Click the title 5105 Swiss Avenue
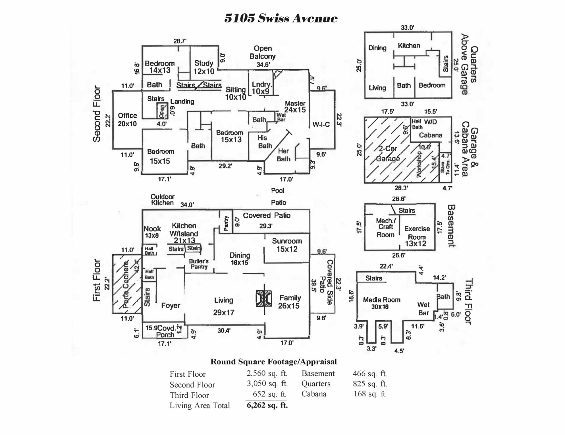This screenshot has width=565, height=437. [281, 18]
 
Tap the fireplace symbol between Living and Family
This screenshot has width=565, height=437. [264, 298]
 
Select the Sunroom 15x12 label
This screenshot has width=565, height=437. [287, 245]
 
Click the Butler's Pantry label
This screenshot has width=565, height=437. [199, 264]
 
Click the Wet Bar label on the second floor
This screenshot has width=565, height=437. [281, 117]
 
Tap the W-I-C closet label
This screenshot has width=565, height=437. [321, 124]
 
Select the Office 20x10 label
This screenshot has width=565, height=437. [127, 119]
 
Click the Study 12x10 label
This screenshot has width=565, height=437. [204, 67]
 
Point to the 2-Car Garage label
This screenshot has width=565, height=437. [388, 154]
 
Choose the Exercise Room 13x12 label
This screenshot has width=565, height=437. [417, 236]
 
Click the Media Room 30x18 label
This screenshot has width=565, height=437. [381, 303]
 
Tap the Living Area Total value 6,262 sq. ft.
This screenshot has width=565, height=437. [267, 405]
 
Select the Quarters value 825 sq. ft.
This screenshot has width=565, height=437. [370, 384]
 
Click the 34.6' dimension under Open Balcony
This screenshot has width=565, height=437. [263, 65]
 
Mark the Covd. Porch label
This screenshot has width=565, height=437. [166, 331]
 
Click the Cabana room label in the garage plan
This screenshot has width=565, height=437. [431, 135]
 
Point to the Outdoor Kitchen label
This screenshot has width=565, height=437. [162, 200]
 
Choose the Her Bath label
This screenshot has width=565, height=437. [283, 155]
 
